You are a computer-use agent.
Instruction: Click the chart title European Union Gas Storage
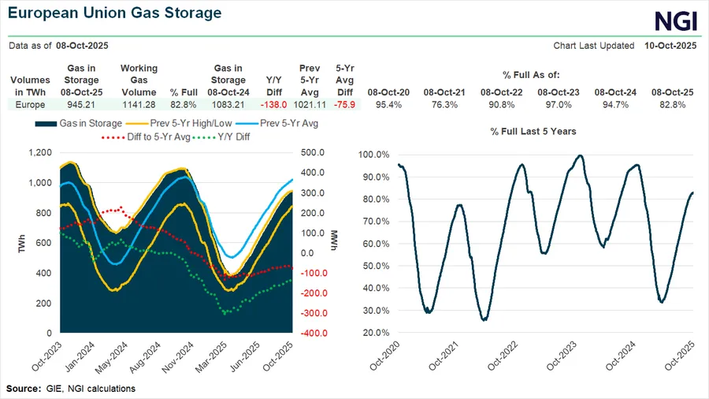tap(114, 13)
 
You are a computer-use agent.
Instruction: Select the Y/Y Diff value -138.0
tap(267, 104)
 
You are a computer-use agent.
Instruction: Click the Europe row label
tap(31, 104)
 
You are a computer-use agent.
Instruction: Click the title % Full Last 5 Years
tap(522, 131)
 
